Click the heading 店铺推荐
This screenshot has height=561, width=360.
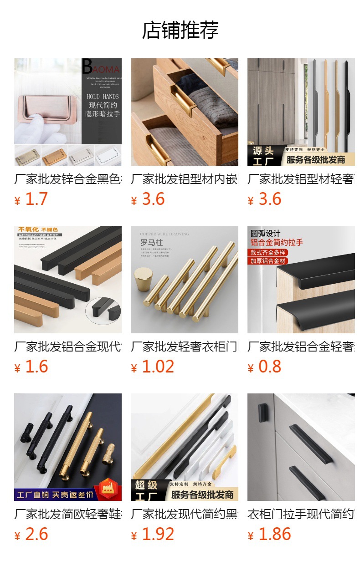pos(180,30)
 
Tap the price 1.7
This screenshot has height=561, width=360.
pos(36,199)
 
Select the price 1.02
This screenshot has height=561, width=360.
pos(158,367)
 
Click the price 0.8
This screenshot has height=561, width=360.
pos(270,367)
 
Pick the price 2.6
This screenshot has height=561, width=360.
pos(36,535)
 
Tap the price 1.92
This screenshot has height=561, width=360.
pos(158,535)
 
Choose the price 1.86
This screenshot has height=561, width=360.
pos(274,535)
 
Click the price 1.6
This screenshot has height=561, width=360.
pos(36,367)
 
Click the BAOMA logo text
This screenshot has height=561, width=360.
pos(101,68)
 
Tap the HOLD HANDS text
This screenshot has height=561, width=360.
pos(103,97)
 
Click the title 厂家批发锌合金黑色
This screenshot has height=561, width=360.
pos(68,179)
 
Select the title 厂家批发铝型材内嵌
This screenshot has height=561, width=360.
pos(184,179)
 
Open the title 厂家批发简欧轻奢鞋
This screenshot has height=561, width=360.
pos(68,515)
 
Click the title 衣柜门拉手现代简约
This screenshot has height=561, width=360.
pos(301,515)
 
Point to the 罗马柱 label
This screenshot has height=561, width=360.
pos(151,243)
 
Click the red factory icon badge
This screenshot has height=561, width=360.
pos(108,487)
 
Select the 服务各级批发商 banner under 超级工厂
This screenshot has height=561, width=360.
pos(202,495)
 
